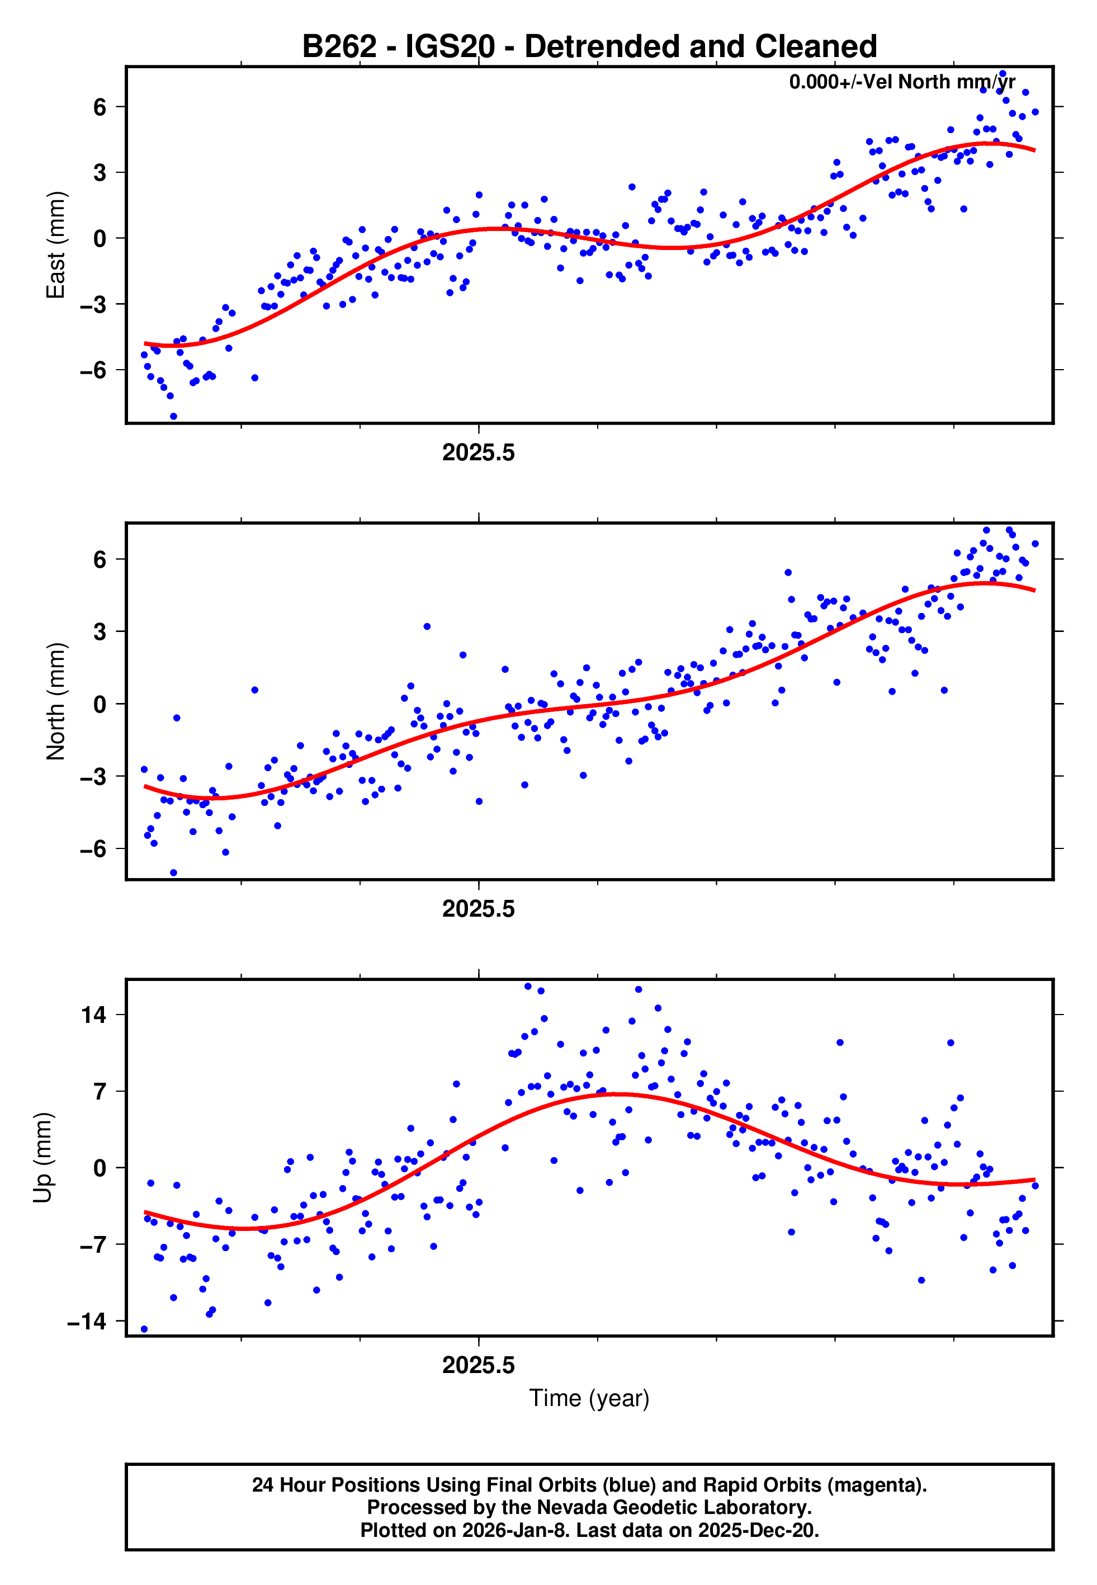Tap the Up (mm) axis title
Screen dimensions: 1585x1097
pos(42,1158)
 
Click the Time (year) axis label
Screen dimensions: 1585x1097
pos(589,1398)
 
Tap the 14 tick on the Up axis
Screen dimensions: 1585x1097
pos(94,1015)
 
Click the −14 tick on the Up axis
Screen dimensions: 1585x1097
pos(87,1321)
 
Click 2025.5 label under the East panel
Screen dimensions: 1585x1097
pos(479,453)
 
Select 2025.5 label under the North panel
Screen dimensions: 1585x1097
pos(479,909)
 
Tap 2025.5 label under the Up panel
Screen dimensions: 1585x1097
pos(479,1365)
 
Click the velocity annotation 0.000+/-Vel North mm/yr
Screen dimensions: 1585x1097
pos(902,82)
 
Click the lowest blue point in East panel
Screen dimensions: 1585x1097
pos(173,417)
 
